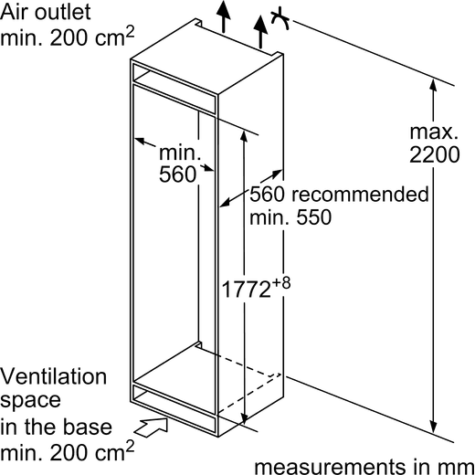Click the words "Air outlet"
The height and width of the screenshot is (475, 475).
[46, 12]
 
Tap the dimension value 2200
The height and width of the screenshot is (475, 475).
[434, 154]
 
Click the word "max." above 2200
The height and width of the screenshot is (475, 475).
[434, 132]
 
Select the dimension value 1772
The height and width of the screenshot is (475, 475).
[247, 289]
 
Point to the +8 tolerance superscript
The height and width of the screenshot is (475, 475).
[281, 282]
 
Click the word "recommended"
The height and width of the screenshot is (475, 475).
[360, 194]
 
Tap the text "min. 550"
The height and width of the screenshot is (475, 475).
[290, 216]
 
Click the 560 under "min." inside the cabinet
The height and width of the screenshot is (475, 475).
[177, 174]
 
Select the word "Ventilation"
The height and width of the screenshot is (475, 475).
[53, 376]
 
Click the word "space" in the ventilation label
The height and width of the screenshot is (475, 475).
[30, 401]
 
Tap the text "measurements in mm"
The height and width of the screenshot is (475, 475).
[364, 467]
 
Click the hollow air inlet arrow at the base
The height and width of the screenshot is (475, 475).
[151, 427]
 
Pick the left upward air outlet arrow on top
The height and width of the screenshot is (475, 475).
[224, 16]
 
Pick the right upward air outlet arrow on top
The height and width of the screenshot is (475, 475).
[260, 31]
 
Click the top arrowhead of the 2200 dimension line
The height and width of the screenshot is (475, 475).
[433, 85]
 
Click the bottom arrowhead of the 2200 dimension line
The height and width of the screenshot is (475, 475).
[434, 427]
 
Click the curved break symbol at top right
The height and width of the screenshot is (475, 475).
[281, 19]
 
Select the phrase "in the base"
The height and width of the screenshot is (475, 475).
[56, 427]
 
